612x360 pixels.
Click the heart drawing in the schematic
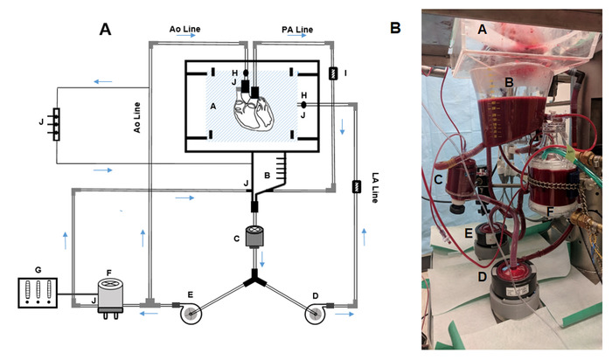254,112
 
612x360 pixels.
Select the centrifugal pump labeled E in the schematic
191,313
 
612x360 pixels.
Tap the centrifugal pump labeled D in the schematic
316,313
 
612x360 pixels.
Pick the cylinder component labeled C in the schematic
254,237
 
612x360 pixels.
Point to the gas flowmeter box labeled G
38,293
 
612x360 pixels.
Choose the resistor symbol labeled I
333,73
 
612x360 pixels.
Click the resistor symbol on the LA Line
357,187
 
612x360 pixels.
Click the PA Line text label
297,29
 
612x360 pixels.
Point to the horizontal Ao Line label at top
184,29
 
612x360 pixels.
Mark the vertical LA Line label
375,188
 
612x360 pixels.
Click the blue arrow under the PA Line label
297,36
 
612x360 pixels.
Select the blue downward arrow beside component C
262,259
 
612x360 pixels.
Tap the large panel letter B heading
395,28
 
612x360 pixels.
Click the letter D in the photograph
483,277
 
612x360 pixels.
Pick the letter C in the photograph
438,179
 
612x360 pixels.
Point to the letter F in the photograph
550,211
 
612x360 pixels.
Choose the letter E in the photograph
469,233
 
